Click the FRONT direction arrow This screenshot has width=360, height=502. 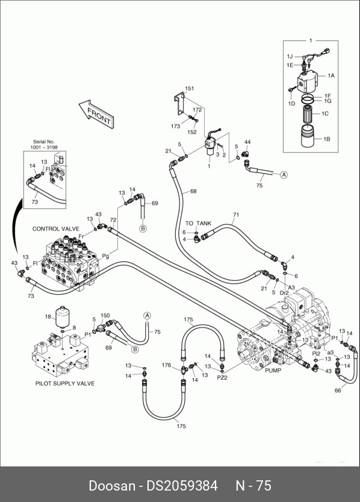point(97,114)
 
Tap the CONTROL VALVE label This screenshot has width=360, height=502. point(56,229)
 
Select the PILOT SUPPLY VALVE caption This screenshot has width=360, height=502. point(65,383)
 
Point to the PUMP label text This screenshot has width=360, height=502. point(273,370)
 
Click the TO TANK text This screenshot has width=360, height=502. point(198,223)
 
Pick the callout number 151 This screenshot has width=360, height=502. point(190,88)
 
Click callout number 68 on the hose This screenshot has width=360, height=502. point(193,191)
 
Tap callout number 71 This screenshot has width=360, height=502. point(236,215)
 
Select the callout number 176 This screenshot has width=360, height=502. point(166,365)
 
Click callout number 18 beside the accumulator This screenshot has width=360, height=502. point(48,317)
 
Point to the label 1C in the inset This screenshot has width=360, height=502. point(325,113)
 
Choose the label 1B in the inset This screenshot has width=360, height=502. point(327,139)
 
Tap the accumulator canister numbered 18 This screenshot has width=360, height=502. point(62,317)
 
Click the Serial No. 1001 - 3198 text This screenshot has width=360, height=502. point(44,144)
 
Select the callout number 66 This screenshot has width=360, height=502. point(338,390)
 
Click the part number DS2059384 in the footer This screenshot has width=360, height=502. point(182,486)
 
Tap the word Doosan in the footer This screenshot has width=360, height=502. point(112,486)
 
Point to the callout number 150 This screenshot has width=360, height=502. point(105,315)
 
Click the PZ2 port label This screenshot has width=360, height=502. point(222,377)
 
